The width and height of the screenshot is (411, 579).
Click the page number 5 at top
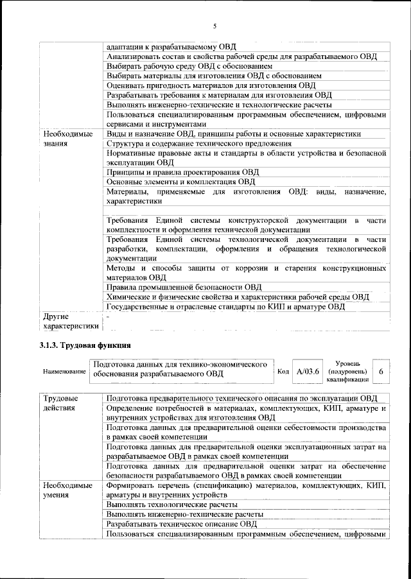(x=214, y=26)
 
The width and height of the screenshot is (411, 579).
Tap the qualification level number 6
(x=381, y=372)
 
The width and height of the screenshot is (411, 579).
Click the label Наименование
(x=64, y=372)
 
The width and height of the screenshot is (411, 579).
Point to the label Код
(x=283, y=372)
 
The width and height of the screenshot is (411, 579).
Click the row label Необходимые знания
(x=68, y=139)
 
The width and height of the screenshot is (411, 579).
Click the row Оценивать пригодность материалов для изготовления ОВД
(x=211, y=85)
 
